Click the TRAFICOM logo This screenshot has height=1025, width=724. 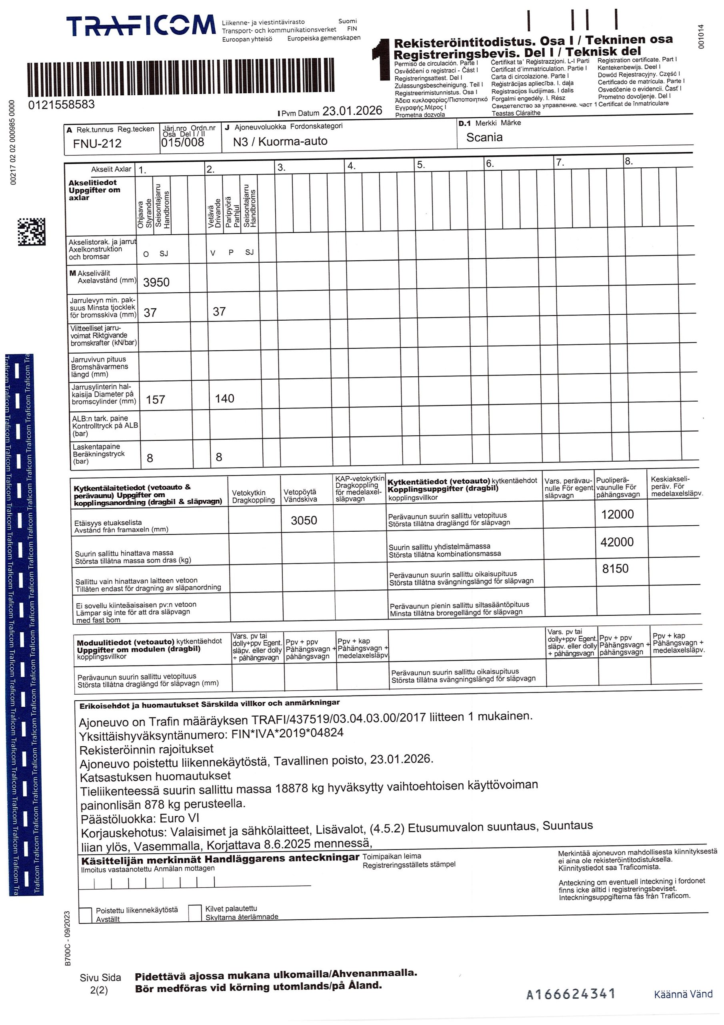pos(140,26)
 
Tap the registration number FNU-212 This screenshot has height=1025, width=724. pos(97,143)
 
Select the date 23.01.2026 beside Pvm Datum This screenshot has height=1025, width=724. pos(352,111)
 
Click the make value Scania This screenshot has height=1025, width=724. pos(484,137)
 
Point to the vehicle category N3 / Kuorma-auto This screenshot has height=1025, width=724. pos(280,141)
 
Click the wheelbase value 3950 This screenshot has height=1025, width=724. pos(156,282)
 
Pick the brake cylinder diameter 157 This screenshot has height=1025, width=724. pos(155,400)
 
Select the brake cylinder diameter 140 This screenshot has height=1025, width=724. pos(224,399)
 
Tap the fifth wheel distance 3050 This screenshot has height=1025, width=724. pos(304,520)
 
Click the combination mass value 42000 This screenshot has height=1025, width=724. pos(617,542)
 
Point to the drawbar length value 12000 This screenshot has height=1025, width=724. pos(617,514)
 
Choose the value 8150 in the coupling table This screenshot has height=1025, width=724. pos(615,568)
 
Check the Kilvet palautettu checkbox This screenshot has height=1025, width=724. pos(195,912)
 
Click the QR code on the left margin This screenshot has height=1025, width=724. pos(31,232)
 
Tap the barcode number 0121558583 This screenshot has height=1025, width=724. pos(62,105)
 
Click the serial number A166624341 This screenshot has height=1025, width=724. pos(570,994)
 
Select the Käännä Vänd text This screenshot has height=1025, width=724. pos(683,994)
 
